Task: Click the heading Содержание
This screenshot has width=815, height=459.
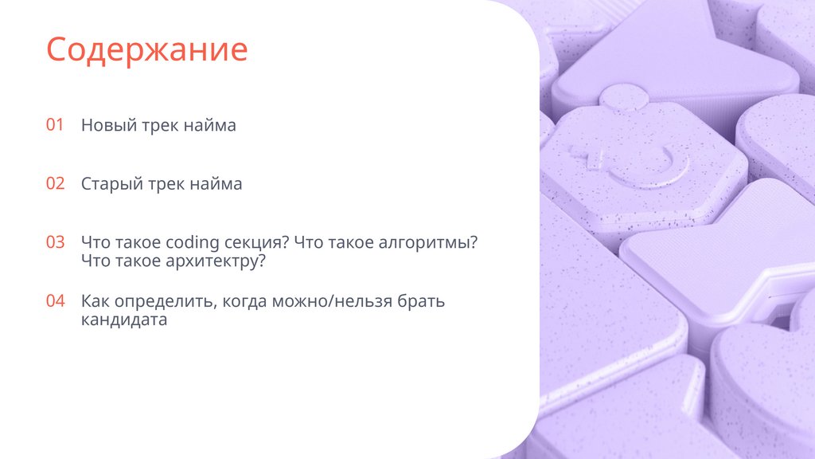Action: coord(146,49)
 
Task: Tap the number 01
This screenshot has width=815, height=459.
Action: coord(54,125)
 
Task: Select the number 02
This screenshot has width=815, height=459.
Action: coord(55,183)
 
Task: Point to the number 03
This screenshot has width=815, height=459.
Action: coord(55,242)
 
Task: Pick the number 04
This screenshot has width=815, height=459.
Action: coord(55,301)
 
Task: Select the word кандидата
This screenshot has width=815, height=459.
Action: coord(123,320)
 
